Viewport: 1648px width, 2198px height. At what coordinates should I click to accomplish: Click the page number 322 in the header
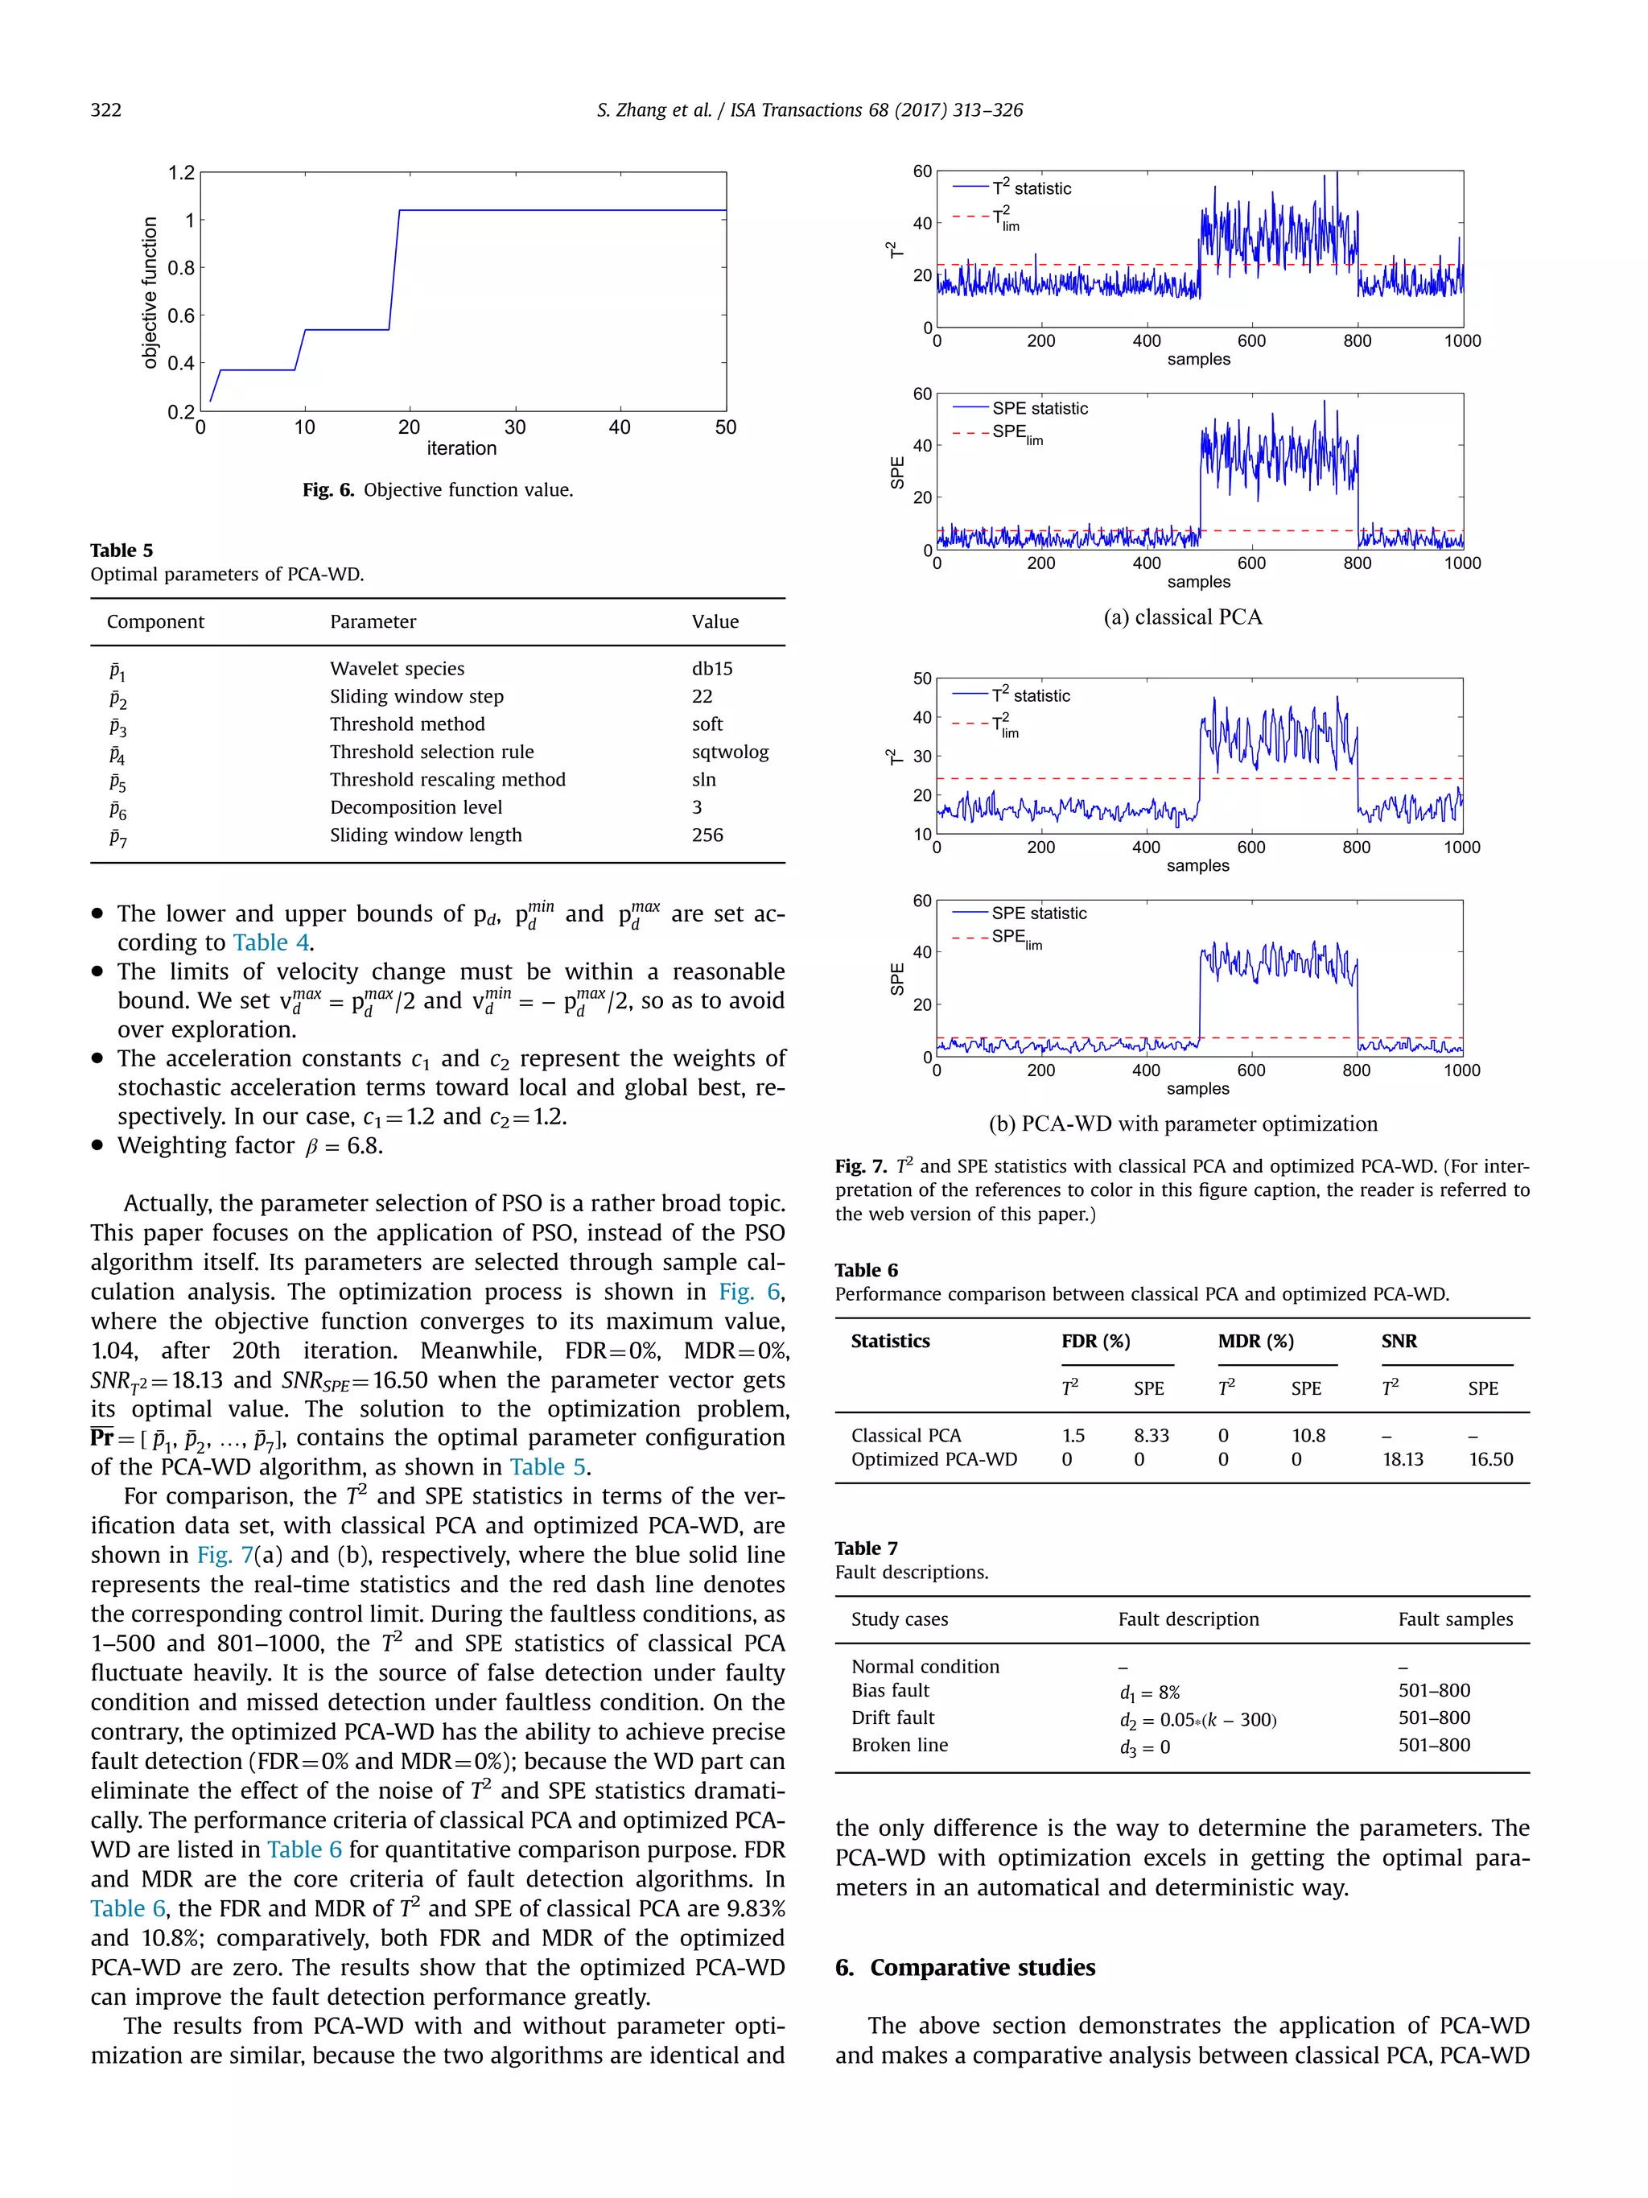pyautogui.click(x=105, y=110)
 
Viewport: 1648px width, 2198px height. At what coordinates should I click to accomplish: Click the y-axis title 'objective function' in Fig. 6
pyautogui.click(x=150, y=292)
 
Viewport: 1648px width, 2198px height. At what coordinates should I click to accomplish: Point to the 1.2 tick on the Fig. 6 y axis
pyautogui.click(x=182, y=173)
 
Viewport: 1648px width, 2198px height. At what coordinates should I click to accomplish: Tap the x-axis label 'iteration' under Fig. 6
pyautogui.click(x=461, y=448)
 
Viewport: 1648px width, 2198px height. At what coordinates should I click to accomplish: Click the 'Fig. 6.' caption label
pyautogui.click(x=328, y=490)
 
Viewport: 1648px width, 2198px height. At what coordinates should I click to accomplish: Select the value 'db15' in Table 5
pyautogui.click(x=711, y=669)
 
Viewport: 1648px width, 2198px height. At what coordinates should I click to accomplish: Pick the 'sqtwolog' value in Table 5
pyautogui.click(x=729, y=753)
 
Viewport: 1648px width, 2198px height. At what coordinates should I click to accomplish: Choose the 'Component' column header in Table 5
pyautogui.click(x=155, y=622)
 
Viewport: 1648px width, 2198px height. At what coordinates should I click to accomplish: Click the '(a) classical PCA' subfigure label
pyautogui.click(x=1182, y=617)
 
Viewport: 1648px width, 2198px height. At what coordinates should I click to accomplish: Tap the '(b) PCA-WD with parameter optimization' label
pyautogui.click(x=1182, y=1124)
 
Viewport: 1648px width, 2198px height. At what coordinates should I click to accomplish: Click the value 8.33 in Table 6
pyautogui.click(x=1151, y=1436)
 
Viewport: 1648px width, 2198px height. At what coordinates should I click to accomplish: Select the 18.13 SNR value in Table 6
pyautogui.click(x=1402, y=1460)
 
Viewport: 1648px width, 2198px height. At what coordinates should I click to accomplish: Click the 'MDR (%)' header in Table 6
pyautogui.click(x=1255, y=1342)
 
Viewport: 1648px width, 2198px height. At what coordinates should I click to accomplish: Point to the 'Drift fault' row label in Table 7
pyautogui.click(x=892, y=1718)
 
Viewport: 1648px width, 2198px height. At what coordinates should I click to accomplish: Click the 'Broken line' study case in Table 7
pyautogui.click(x=899, y=1746)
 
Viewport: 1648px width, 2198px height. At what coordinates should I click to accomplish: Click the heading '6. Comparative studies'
pyautogui.click(x=965, y=1969)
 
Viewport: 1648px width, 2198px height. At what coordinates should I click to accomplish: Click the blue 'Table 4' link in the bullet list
pyautogui.click(x=271, y=943)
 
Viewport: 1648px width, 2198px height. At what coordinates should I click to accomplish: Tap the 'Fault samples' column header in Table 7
pyautogui.click(x=1454, y=1619)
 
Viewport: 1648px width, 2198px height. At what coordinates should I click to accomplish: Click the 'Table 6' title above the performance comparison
pyautogui.click(x=865, y=1271)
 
